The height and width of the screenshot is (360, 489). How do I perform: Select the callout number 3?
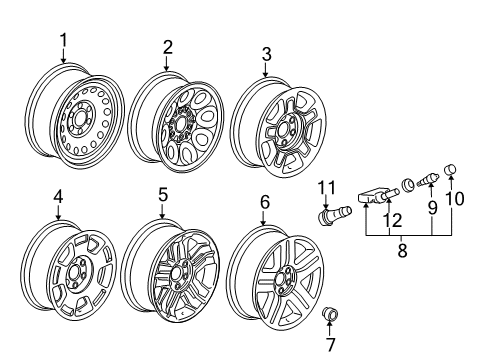(x=264, y=52)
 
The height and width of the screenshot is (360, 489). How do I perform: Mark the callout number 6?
(x=264, y=202)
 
